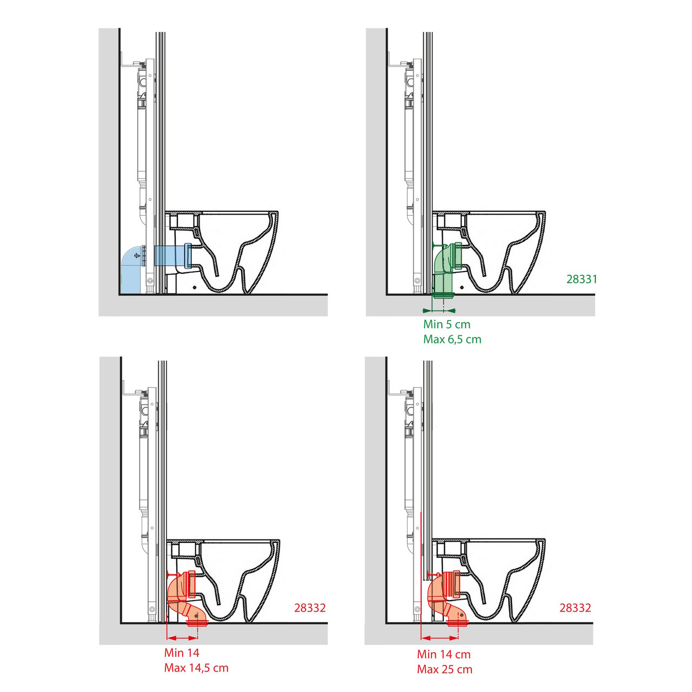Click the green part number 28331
[581, 279]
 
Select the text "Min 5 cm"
[447, 324]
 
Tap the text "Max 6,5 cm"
[452, 340]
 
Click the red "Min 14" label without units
[182, 653]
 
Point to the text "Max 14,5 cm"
[196, 668]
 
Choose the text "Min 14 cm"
[444, 654]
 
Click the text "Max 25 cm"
[444, 669]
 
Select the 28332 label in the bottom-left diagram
[310, 608]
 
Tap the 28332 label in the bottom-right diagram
[575, 608]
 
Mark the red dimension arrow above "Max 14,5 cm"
[182, 638]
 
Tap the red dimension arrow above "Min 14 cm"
[440, 638]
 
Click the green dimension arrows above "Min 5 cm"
[439, 310]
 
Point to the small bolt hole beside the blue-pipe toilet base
[194, 287]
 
